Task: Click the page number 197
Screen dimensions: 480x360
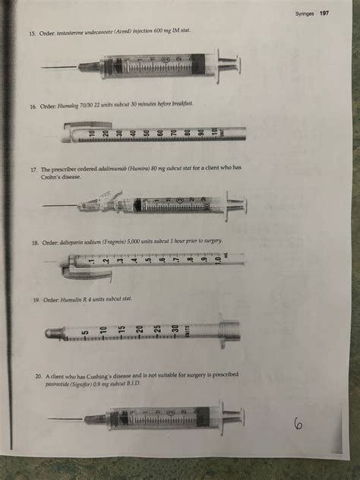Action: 324,14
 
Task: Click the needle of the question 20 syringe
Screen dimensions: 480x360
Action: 65,418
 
